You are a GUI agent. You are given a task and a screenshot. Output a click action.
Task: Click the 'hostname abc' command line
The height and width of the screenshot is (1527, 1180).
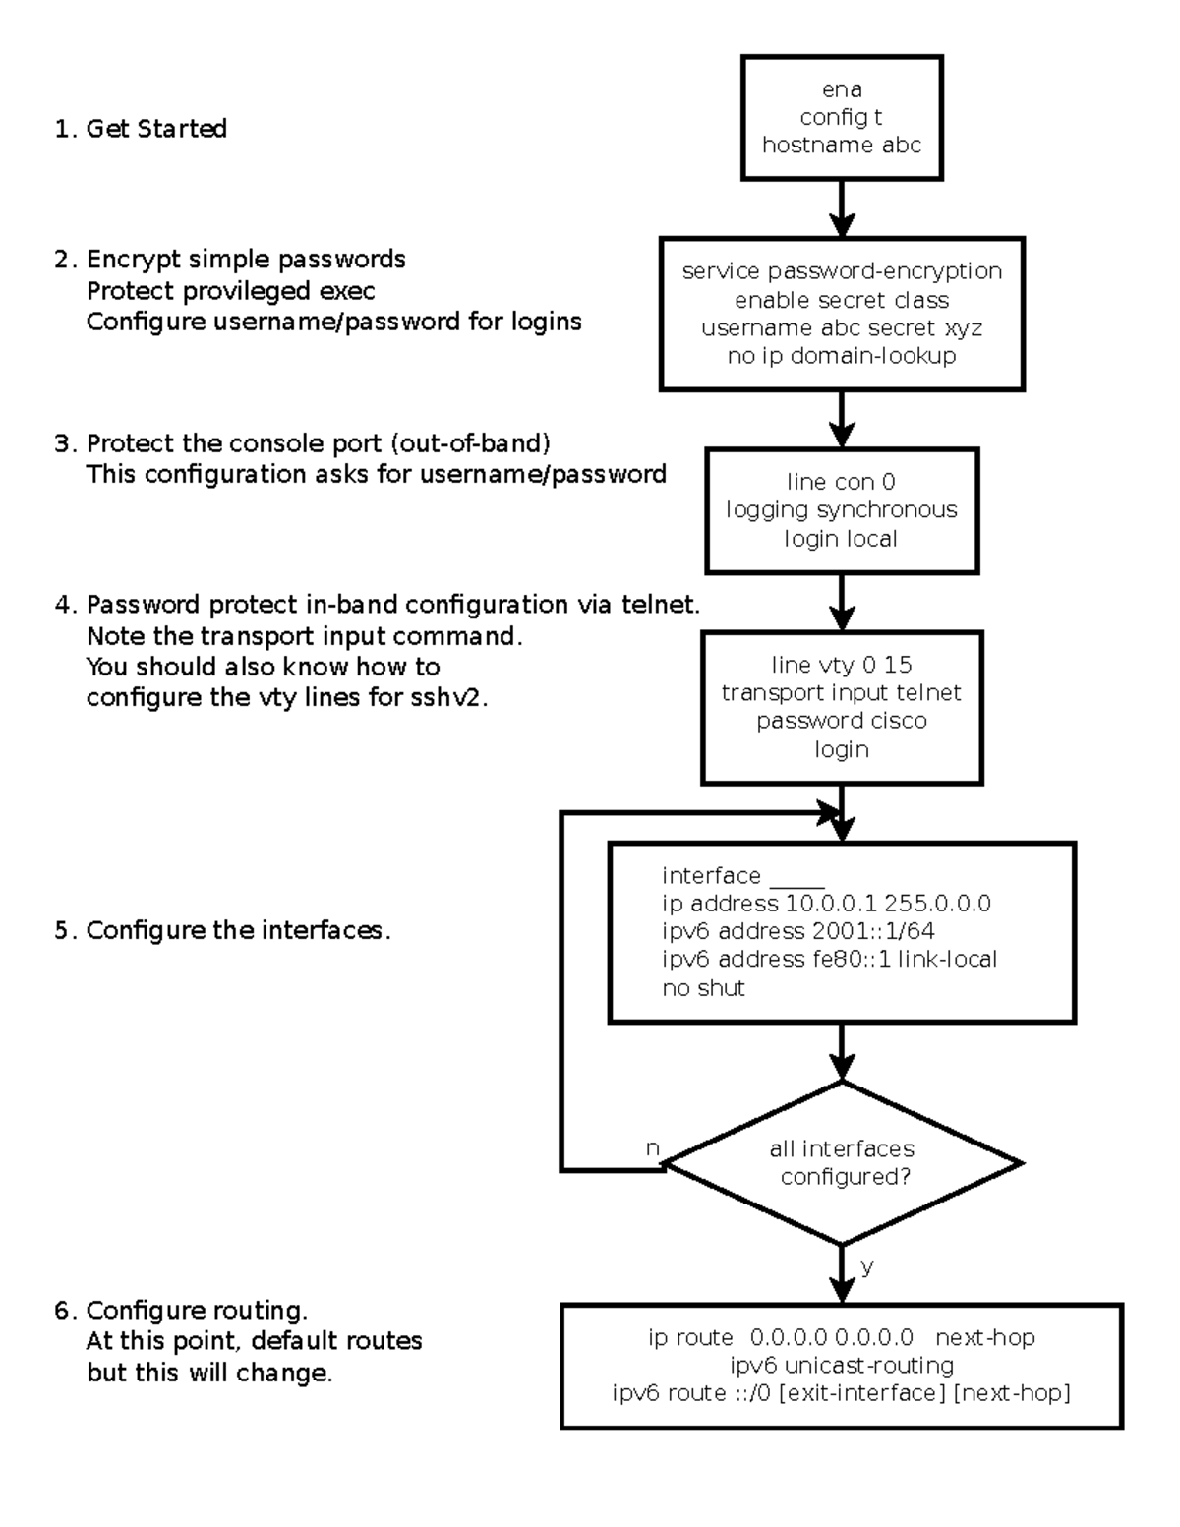point(842,146)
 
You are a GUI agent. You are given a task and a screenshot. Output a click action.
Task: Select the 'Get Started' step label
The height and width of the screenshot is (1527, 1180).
point(155,129)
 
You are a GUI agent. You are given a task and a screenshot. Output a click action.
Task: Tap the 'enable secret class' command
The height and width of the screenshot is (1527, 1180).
point(842,300)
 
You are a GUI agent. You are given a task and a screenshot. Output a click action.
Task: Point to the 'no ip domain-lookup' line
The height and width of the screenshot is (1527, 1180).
point(842,356)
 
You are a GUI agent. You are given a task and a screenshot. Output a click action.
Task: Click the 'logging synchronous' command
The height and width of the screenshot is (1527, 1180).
point(842,510)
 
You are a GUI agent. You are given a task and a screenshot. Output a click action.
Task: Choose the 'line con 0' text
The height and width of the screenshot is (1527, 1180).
point(841,482)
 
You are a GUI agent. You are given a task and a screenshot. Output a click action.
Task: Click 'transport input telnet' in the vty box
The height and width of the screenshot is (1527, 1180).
point(842,693)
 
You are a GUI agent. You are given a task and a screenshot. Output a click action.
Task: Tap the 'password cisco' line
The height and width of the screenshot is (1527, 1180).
point(842,721)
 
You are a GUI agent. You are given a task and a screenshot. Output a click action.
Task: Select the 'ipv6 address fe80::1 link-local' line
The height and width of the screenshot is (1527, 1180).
point(829,959)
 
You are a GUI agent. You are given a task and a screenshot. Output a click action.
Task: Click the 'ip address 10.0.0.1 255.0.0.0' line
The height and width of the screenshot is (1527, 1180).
point(826,904)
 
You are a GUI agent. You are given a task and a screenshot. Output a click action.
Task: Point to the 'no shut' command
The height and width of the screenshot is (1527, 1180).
point(703,988)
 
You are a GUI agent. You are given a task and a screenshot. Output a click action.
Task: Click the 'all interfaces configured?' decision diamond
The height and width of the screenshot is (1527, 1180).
point(843,1163)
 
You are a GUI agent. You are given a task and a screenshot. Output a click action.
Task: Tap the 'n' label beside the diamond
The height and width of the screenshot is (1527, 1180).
point(652,1148)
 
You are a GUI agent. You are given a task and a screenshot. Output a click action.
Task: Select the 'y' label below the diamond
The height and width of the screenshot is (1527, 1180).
point(866,1266)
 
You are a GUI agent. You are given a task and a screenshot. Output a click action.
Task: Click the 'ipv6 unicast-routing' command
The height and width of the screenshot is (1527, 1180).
point(842,1366)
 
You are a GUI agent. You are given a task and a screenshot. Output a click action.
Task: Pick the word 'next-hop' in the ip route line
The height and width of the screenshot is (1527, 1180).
point(984,1338)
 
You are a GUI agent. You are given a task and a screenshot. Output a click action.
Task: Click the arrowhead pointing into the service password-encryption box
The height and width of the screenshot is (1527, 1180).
point(842,225)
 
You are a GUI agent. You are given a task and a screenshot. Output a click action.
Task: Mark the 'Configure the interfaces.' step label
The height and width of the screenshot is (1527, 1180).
point(238,931)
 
